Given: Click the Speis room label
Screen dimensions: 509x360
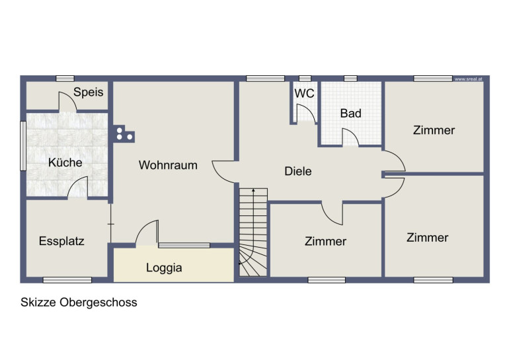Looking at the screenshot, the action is pyautogui.click(x=89, y=92).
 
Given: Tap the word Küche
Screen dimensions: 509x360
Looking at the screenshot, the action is pyautogui.click(x=65, y=162).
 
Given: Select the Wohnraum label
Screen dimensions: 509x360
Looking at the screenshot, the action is pyautogui.click(x=168, y=165).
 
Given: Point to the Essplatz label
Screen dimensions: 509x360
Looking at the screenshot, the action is pyautogui.click(x=61, y=241).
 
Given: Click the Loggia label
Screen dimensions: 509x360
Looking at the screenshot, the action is pyautogui.click(x=164, y=268).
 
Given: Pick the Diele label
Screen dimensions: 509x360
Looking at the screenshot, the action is pyautogui.click(x=298, y=171).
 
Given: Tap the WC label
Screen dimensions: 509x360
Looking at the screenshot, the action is pyautogui.click(x=304, y=93).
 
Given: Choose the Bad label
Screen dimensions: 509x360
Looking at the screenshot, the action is pyautogui.click(x=350, y=114).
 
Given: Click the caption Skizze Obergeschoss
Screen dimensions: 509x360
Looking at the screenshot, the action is pyautogui.click(x=79, y=303).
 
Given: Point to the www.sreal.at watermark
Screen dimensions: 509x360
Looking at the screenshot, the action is pyautogui.click(x=468, y=79).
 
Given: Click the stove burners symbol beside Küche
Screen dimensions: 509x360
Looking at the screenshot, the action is pyautogui.click(x=124, y=133).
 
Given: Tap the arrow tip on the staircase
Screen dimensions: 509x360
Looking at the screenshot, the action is pyautogui.click(x=253, y=190).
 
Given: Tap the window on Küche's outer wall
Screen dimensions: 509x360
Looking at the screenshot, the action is pyautogui.click(x=23, y=146).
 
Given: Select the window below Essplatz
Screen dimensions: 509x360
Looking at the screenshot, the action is pyautogui.click(x=67, y=280).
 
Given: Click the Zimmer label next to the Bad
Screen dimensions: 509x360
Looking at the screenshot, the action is pyautogui.click(x=434, y=130).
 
